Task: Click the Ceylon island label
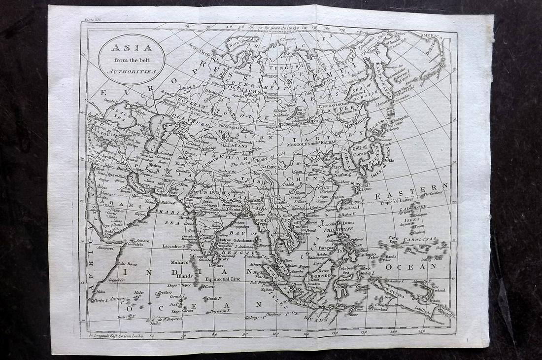click(x=215, y=265)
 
